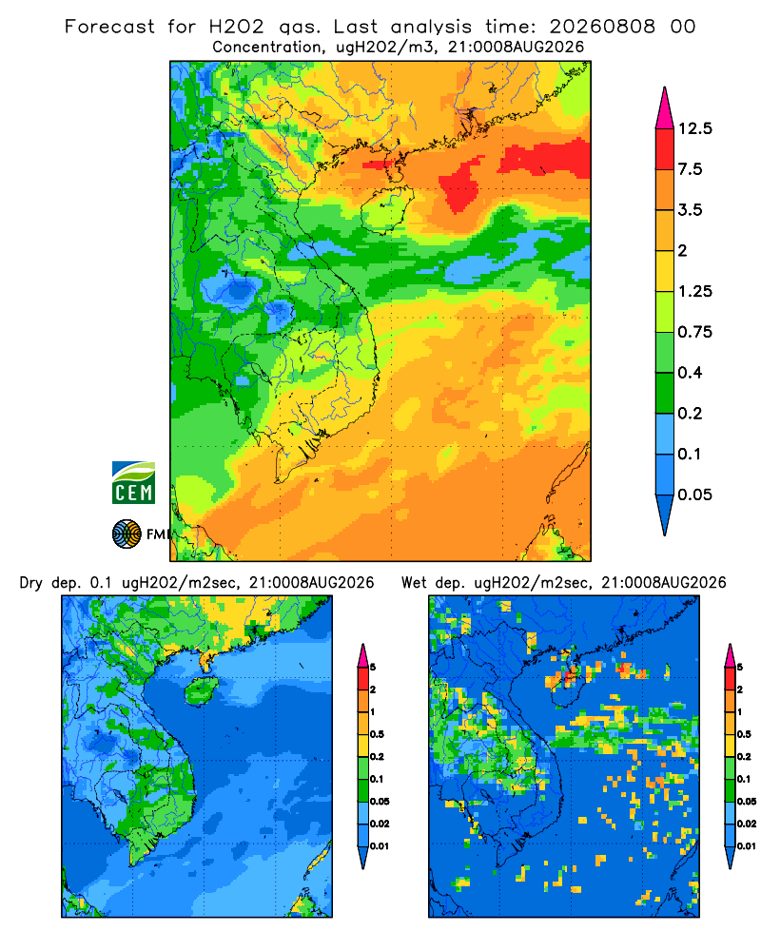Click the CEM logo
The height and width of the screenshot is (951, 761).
[x=133, y=482]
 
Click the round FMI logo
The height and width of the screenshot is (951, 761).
[x=127, y=534]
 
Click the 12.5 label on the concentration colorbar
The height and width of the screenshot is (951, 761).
[x=694, y=128]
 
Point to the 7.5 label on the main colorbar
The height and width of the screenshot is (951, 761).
[x=690, y=169]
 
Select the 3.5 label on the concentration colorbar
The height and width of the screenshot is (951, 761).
[x=690, y=210]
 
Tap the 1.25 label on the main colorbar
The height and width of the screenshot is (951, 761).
[x=694, y=291]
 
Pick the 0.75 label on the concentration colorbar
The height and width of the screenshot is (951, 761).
[x=694, y=332]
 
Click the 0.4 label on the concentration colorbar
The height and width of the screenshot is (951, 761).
[x=690, y=373]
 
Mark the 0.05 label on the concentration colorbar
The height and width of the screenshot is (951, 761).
[x=694, y=495]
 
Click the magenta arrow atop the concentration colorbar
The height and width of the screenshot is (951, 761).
[x=665, y=109]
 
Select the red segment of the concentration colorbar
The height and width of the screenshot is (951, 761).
[x=665, y=148]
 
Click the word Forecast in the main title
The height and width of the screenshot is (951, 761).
[x=109, y=27]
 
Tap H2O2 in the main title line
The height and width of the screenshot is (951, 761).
[x=237, y=27]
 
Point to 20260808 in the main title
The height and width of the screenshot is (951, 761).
[x=602, y=27]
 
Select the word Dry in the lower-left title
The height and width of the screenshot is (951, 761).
[x=31, y=583]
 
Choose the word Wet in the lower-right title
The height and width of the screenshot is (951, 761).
[x=415, y=583]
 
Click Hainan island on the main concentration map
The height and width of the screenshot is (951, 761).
[x=386, y=210]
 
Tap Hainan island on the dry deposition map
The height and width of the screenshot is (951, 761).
[x=202, y=691]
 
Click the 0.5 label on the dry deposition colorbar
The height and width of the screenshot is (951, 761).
[x=377, y=734]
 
